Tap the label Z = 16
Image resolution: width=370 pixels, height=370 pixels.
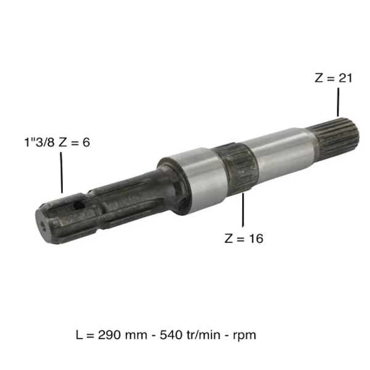click(244, 238)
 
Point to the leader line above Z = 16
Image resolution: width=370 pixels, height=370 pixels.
click(244, 210)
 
